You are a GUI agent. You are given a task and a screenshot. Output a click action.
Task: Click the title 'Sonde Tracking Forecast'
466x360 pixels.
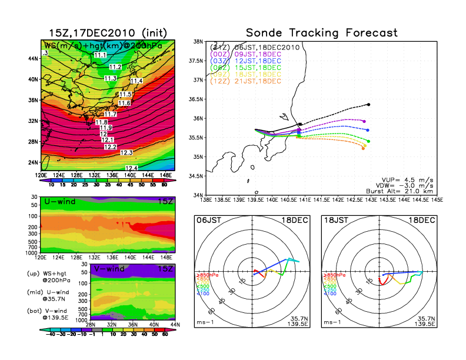(x=321, y=33)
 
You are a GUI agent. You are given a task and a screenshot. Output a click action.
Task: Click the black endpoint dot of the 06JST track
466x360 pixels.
(x=368, y=105)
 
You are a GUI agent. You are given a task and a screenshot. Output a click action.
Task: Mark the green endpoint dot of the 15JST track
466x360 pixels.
(x=368, y=141)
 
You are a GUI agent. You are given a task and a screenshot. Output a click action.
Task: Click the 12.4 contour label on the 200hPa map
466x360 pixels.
(x=132, y=168)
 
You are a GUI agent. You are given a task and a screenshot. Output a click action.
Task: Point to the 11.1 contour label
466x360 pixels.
(x=100, y=55)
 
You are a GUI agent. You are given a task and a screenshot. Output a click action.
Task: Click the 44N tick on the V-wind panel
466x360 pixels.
(x=175, y=324)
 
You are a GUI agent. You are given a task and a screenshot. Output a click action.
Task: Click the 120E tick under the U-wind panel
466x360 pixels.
(x=41, y=257)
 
